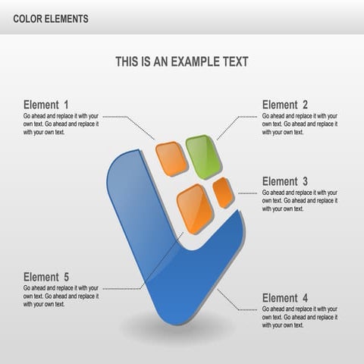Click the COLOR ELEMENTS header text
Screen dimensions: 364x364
(51, 17)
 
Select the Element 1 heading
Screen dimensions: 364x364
(46, 105)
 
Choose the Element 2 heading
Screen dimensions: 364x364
(285, 105)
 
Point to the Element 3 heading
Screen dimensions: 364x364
(285, 181)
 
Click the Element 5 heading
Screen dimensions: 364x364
(46, 277)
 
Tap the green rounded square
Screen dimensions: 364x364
(203, 156)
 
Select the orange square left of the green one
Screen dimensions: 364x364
(171, 158)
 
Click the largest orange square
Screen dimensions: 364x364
(195, 209)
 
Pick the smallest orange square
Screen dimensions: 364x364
(223, 193)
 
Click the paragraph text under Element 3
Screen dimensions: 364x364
(300, 200)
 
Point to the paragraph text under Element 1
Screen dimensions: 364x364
(61, 124)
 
